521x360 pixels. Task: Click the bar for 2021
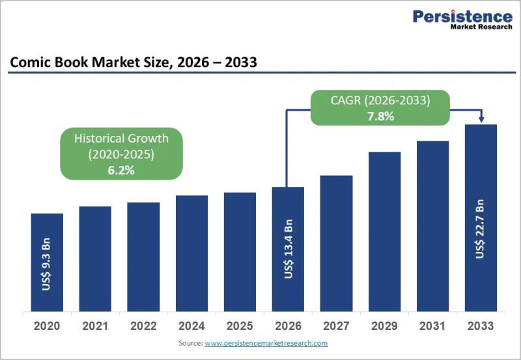(x=95, y=258)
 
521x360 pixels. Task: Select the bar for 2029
(x=384, y=232)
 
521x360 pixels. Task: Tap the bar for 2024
(x=191, y=253)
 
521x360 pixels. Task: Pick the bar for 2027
(x=336, y=243)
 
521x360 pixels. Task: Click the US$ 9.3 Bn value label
(x=46, y=264)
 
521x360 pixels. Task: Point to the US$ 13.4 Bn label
(x=289, y=249)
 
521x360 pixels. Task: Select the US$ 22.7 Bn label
(x=480, y=228)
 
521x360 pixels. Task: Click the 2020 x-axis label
(x=47, y=326)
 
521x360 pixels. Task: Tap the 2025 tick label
(x=240, y=326)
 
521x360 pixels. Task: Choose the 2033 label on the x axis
(x=481, y=326)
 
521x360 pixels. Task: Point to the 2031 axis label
(x=432, y=326)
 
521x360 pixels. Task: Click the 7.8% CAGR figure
(x=380, y=117)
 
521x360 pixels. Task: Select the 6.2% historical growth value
(x=121, y=171)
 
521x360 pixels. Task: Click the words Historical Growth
(x=121, y=138)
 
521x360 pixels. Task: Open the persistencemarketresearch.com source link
(x=266, y=343)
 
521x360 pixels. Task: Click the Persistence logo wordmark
(x=462, y=16)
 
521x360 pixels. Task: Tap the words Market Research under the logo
(x=481, y=27)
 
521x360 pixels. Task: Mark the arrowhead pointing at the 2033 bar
(x=481, y=119)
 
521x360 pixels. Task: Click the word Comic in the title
(x=31, y=62)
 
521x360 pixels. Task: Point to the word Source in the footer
(x=190, y=343)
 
